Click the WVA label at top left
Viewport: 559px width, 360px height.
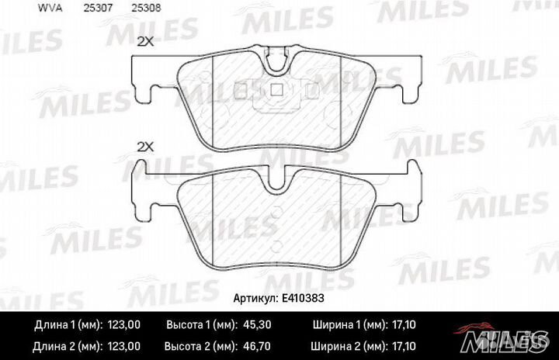[x=50, y=8]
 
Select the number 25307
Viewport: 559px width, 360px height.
[x=98, y=8]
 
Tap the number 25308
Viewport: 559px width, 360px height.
[x=146, y=8]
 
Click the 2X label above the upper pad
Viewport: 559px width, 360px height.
[x=145, y=42]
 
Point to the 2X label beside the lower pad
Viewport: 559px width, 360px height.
[x=145, y=147]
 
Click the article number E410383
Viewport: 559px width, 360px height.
[x=303, y=298]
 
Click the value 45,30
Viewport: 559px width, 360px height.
[x=257, y=325]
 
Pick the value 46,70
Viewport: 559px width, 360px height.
[x=256, y=346]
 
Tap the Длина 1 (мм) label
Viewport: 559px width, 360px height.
[x=69, y=325]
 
